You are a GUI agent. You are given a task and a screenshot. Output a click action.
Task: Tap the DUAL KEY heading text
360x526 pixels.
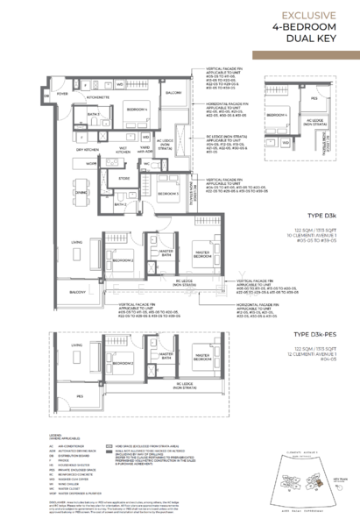click(325, 40)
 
